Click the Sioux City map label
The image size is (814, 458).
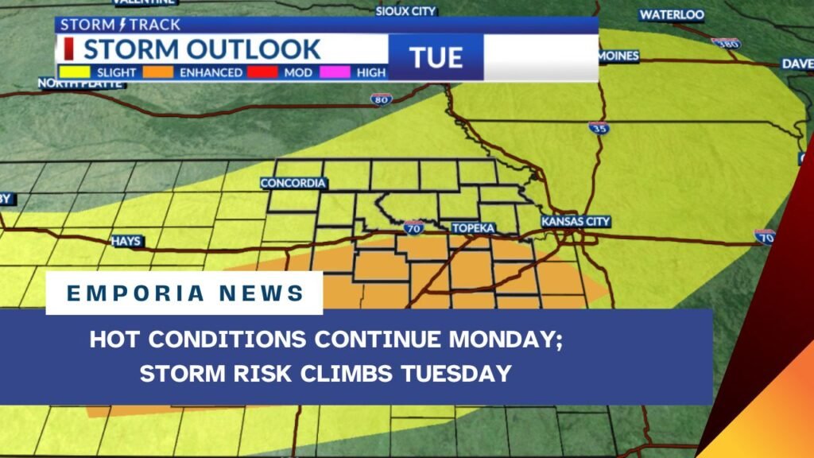point(406,11)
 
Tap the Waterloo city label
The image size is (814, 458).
point(672,14)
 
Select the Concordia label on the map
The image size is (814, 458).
point(293,184)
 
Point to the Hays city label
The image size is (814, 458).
point(126,240)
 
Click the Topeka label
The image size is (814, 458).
point(474,228)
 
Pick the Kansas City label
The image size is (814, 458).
point(576,221)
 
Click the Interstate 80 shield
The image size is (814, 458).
point(381,99)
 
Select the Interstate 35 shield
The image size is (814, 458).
point(599,127)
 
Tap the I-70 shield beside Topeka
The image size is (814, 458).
point(413,227)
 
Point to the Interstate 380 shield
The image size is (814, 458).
point(726,44)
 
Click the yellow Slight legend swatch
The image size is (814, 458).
point(74,72)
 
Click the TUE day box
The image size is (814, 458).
point(436,57)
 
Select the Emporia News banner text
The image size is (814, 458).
point(185,293)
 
